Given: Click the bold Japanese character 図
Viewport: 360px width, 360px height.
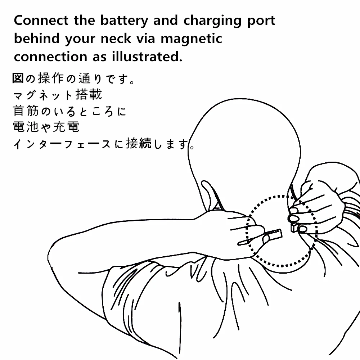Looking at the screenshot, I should coord(18,78).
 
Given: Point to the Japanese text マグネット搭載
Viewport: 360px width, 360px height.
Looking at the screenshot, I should coord(58,95).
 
